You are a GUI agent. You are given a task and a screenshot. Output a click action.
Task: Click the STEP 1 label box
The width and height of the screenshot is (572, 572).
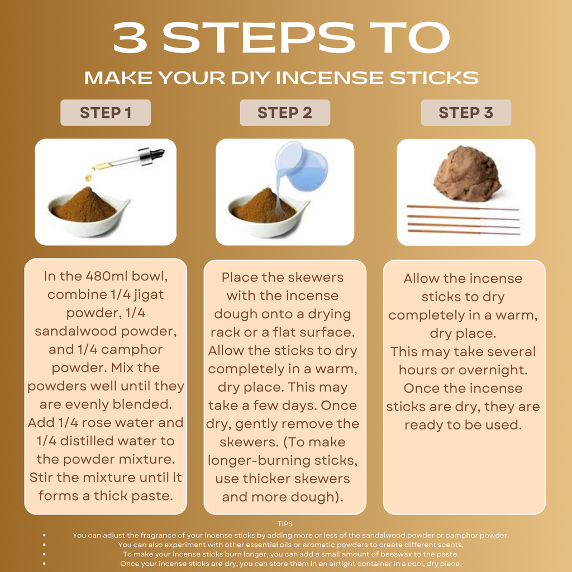click(106, 113)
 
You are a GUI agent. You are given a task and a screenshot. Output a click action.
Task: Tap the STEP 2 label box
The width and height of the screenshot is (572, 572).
click(285, 113)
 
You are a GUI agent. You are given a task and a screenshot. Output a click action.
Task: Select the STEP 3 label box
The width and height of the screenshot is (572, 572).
click(466, 113)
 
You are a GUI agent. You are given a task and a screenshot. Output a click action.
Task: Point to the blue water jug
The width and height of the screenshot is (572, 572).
click(301, 166)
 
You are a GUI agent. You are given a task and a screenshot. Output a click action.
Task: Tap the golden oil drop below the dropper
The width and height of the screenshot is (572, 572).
click(88, 178)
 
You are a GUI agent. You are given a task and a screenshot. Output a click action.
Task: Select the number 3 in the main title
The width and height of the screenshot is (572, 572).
click(130, 37)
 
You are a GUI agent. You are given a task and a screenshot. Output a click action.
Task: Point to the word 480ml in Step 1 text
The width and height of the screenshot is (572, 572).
click(107, 276)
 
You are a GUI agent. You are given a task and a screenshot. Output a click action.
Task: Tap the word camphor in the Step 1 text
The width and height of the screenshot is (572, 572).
click(132, 350)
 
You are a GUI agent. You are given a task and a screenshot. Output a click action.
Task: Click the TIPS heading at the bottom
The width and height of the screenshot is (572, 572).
click(285, 524)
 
